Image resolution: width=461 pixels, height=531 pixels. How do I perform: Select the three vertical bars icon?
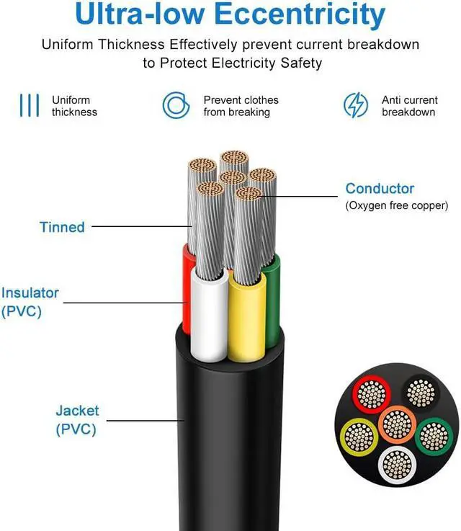click(x=29, y=105)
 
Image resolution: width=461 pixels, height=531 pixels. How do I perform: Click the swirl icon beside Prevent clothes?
click(x=176, y=105)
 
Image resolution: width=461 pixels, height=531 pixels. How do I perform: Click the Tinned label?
click(x=62, y=227)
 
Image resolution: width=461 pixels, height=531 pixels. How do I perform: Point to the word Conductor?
click(x=380, y=189)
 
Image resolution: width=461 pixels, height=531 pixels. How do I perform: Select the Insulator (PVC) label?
click(x=30, y=302)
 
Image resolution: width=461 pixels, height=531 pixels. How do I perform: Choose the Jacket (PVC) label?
click(x=77, y=420)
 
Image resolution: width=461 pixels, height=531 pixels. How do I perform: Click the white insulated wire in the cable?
click(x=209, y=317)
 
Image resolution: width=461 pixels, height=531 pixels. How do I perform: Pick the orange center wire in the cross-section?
click(x=394, y=424)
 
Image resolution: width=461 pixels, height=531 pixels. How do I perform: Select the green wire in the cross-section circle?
click(x=432, y=434)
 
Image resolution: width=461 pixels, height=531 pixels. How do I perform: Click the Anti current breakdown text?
click(x=409, y=106)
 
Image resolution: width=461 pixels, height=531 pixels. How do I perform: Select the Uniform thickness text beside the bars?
click(x=74, y=106)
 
